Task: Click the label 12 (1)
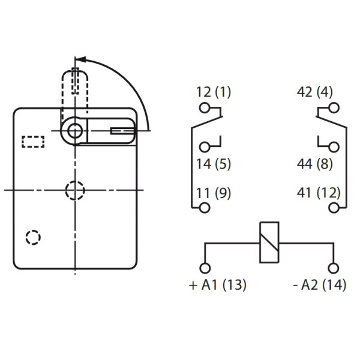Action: (213, 92)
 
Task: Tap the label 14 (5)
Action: (213, 163)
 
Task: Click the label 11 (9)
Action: (213, 193)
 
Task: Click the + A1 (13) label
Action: (217, 286)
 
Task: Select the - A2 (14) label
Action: (320, 286)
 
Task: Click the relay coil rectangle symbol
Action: (268, 243)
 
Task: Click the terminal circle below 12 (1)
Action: (206, 108)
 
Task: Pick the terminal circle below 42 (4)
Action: (333, 108)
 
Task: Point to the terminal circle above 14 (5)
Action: (206, 147)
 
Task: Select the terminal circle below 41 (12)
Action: (333, 208)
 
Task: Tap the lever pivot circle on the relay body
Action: (74, 130)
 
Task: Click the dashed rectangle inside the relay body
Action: (34, 142)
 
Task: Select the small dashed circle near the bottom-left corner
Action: (34, 237)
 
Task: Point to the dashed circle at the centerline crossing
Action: (74, 190)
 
